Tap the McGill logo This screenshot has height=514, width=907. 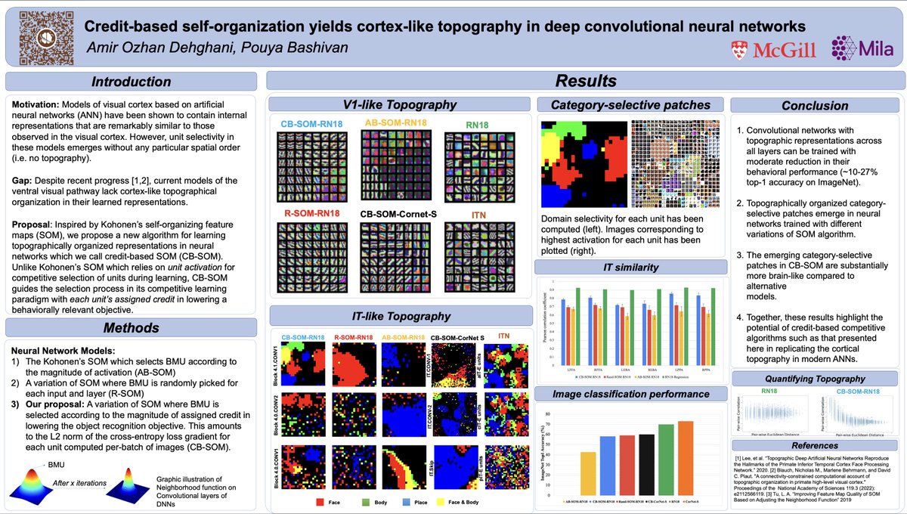pos(766,50)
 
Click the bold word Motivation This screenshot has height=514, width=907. pos(38,102)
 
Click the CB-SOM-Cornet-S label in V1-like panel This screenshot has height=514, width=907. pos(399,215)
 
